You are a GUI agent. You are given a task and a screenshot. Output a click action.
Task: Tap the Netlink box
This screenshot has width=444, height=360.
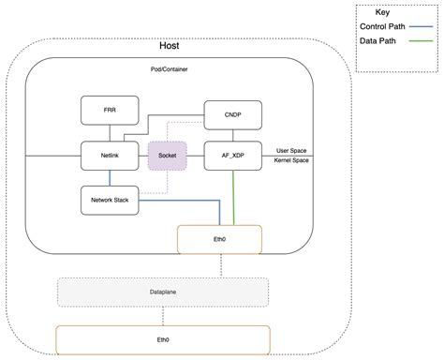[110, 154]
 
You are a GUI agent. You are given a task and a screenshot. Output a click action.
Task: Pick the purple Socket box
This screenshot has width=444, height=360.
[169, 155]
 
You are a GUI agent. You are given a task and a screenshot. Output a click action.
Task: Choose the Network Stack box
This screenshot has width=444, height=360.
[110, 199]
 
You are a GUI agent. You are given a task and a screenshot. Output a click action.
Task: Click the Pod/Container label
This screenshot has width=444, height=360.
[170, 70]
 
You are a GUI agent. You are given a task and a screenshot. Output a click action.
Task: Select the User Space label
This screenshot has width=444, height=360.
[294, 149]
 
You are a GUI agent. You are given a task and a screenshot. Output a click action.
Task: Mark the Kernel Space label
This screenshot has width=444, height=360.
[294, 161]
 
